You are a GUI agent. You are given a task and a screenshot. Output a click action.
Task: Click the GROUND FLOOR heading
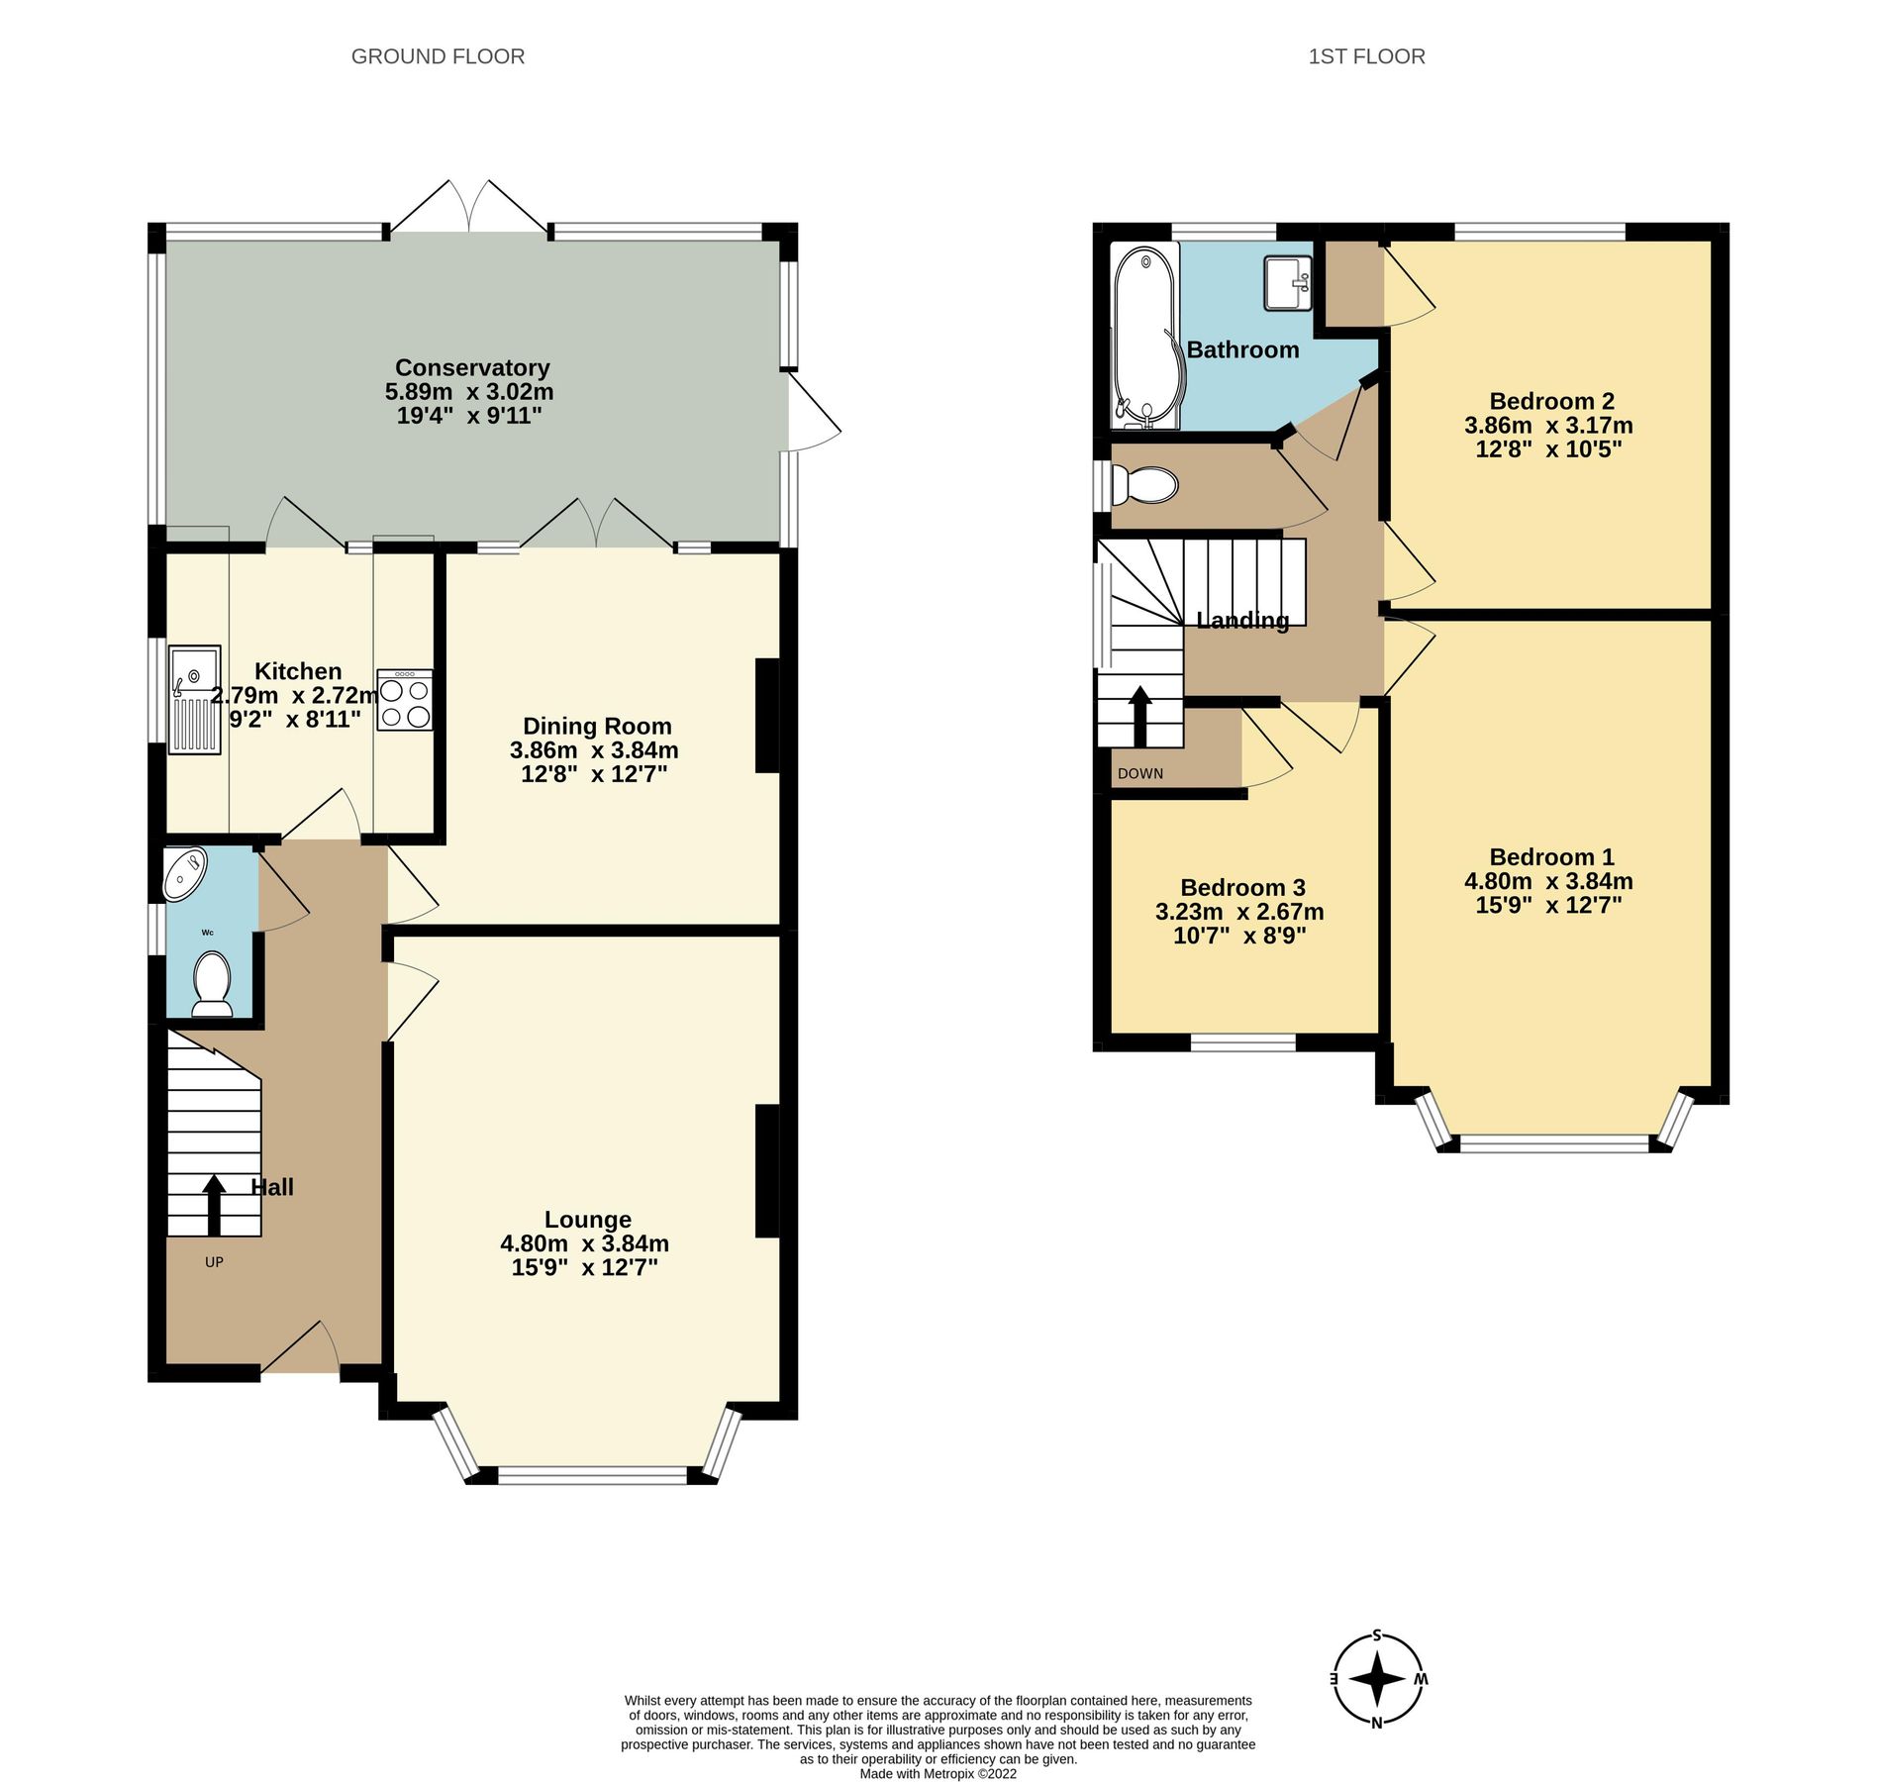pos(438,56)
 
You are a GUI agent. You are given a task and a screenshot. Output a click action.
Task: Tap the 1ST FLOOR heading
pos(1366,56)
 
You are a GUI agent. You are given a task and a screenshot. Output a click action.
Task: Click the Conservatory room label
pos(472,367)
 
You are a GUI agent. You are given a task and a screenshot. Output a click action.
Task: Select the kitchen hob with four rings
pos(405,701)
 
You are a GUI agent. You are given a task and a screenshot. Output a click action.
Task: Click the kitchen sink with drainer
pos(194,700)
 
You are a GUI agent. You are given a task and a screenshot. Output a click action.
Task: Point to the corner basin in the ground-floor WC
pos(184,873)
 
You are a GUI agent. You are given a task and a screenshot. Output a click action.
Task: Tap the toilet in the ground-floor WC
pos(212,983)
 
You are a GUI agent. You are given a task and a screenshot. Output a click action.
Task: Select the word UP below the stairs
pos(214,1262)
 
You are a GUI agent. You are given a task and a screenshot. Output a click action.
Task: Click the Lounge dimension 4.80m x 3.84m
pos(584,1243)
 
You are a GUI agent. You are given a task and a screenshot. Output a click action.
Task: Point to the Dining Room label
pos(597,726)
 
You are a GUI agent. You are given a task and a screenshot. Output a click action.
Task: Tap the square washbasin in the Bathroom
pos(1288,282)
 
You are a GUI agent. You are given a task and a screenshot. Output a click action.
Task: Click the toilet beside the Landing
pos(1145,485)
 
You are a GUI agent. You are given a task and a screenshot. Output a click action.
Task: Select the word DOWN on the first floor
pos(1140,773)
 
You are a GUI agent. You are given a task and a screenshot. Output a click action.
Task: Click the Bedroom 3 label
pos(1242,887)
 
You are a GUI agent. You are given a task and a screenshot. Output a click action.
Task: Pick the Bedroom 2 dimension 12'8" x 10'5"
pos(1548,449)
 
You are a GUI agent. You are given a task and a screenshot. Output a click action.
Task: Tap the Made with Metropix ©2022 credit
pos(938,1773)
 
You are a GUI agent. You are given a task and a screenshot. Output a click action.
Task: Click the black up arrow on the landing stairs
pos(1140,716)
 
